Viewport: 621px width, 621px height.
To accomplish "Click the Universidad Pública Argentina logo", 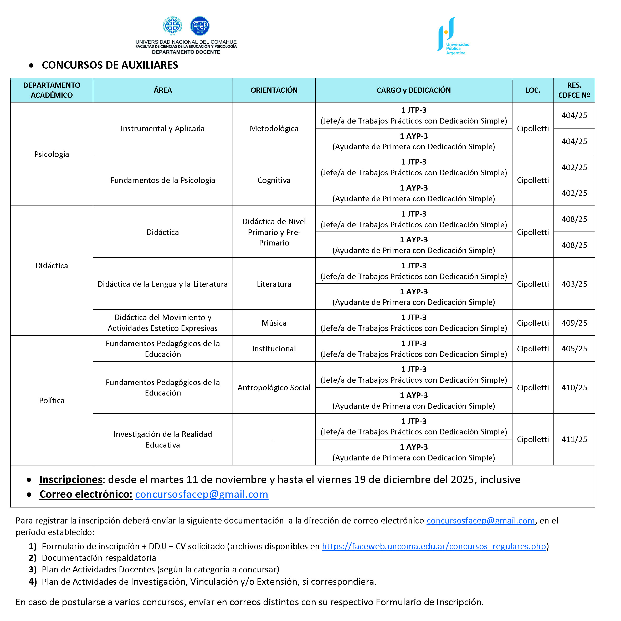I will pos(453,36).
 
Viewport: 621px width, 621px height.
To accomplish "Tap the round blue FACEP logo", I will pos(200,26).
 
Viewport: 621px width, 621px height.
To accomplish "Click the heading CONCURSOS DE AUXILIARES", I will pos(110,65).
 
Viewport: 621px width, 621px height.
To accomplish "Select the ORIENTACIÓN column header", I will pos(274,90).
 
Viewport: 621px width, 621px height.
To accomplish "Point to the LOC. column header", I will pos(533,90).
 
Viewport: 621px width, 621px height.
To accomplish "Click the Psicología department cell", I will pos(52,154).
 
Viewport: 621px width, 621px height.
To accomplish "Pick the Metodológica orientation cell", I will pos(274,129).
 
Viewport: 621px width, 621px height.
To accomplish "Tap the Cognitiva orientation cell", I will pos(274,180).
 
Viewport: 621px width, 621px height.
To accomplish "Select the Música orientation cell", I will pos(274,323).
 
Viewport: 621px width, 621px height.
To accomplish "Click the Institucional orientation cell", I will pos(274,349).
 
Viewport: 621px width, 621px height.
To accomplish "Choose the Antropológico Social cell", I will pos(274,388).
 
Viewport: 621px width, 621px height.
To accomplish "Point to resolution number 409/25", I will pos(574,323).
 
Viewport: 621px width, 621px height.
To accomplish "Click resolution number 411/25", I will pos(574,439).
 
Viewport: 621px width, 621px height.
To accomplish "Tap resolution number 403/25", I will pos(574,284).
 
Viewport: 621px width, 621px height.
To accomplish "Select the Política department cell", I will pos(52,401).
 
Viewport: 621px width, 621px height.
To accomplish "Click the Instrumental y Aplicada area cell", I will pos(163,129).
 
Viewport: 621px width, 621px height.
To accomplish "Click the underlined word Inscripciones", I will pos(71,480).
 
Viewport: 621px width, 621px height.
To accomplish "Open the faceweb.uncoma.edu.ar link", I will pos(434,546).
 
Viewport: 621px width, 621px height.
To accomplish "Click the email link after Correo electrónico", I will pos(202,494).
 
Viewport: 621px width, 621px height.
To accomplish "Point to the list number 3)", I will pos(33,569).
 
